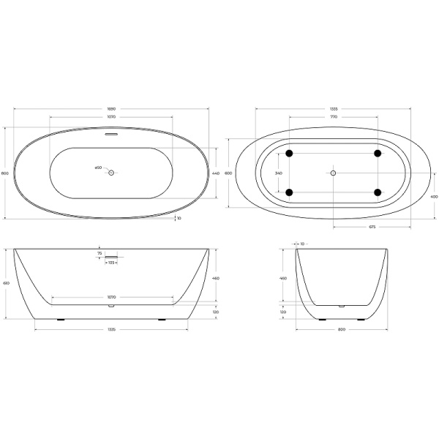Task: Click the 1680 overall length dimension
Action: [x=112, y=108]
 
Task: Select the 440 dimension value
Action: [x=216, y=173]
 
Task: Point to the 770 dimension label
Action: [x=333, y=117]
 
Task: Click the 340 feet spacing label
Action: [x=278, y=173]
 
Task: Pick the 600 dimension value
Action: [x=228, y=173]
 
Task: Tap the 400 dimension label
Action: [x=434, y=197]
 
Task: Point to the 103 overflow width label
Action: [x=111, y=262]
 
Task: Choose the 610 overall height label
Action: [x=7, y=283]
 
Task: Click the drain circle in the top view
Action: [x=112, y=173]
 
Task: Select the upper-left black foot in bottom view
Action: [x=290, y=154]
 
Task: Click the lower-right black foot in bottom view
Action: [x=378, y=192]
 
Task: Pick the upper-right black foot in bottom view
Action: [x=378, y=154]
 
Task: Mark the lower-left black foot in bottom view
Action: [x=290, y=192]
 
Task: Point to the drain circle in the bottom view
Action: [x=333, y=173]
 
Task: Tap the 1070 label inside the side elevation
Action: [x=112, y=297]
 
